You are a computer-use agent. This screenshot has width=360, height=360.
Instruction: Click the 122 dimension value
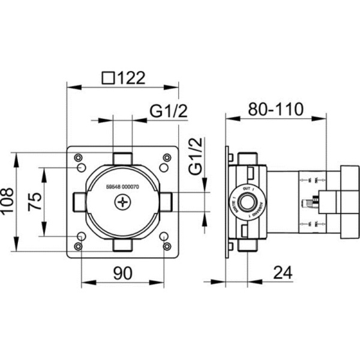130,78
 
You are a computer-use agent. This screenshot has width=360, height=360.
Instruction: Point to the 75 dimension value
35,202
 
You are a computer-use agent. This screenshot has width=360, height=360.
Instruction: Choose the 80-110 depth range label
276,110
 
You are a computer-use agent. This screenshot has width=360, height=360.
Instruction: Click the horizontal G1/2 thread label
169,111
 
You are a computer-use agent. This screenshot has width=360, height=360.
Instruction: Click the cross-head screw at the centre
124,203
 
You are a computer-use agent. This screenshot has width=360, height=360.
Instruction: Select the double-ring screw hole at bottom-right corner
166,246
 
